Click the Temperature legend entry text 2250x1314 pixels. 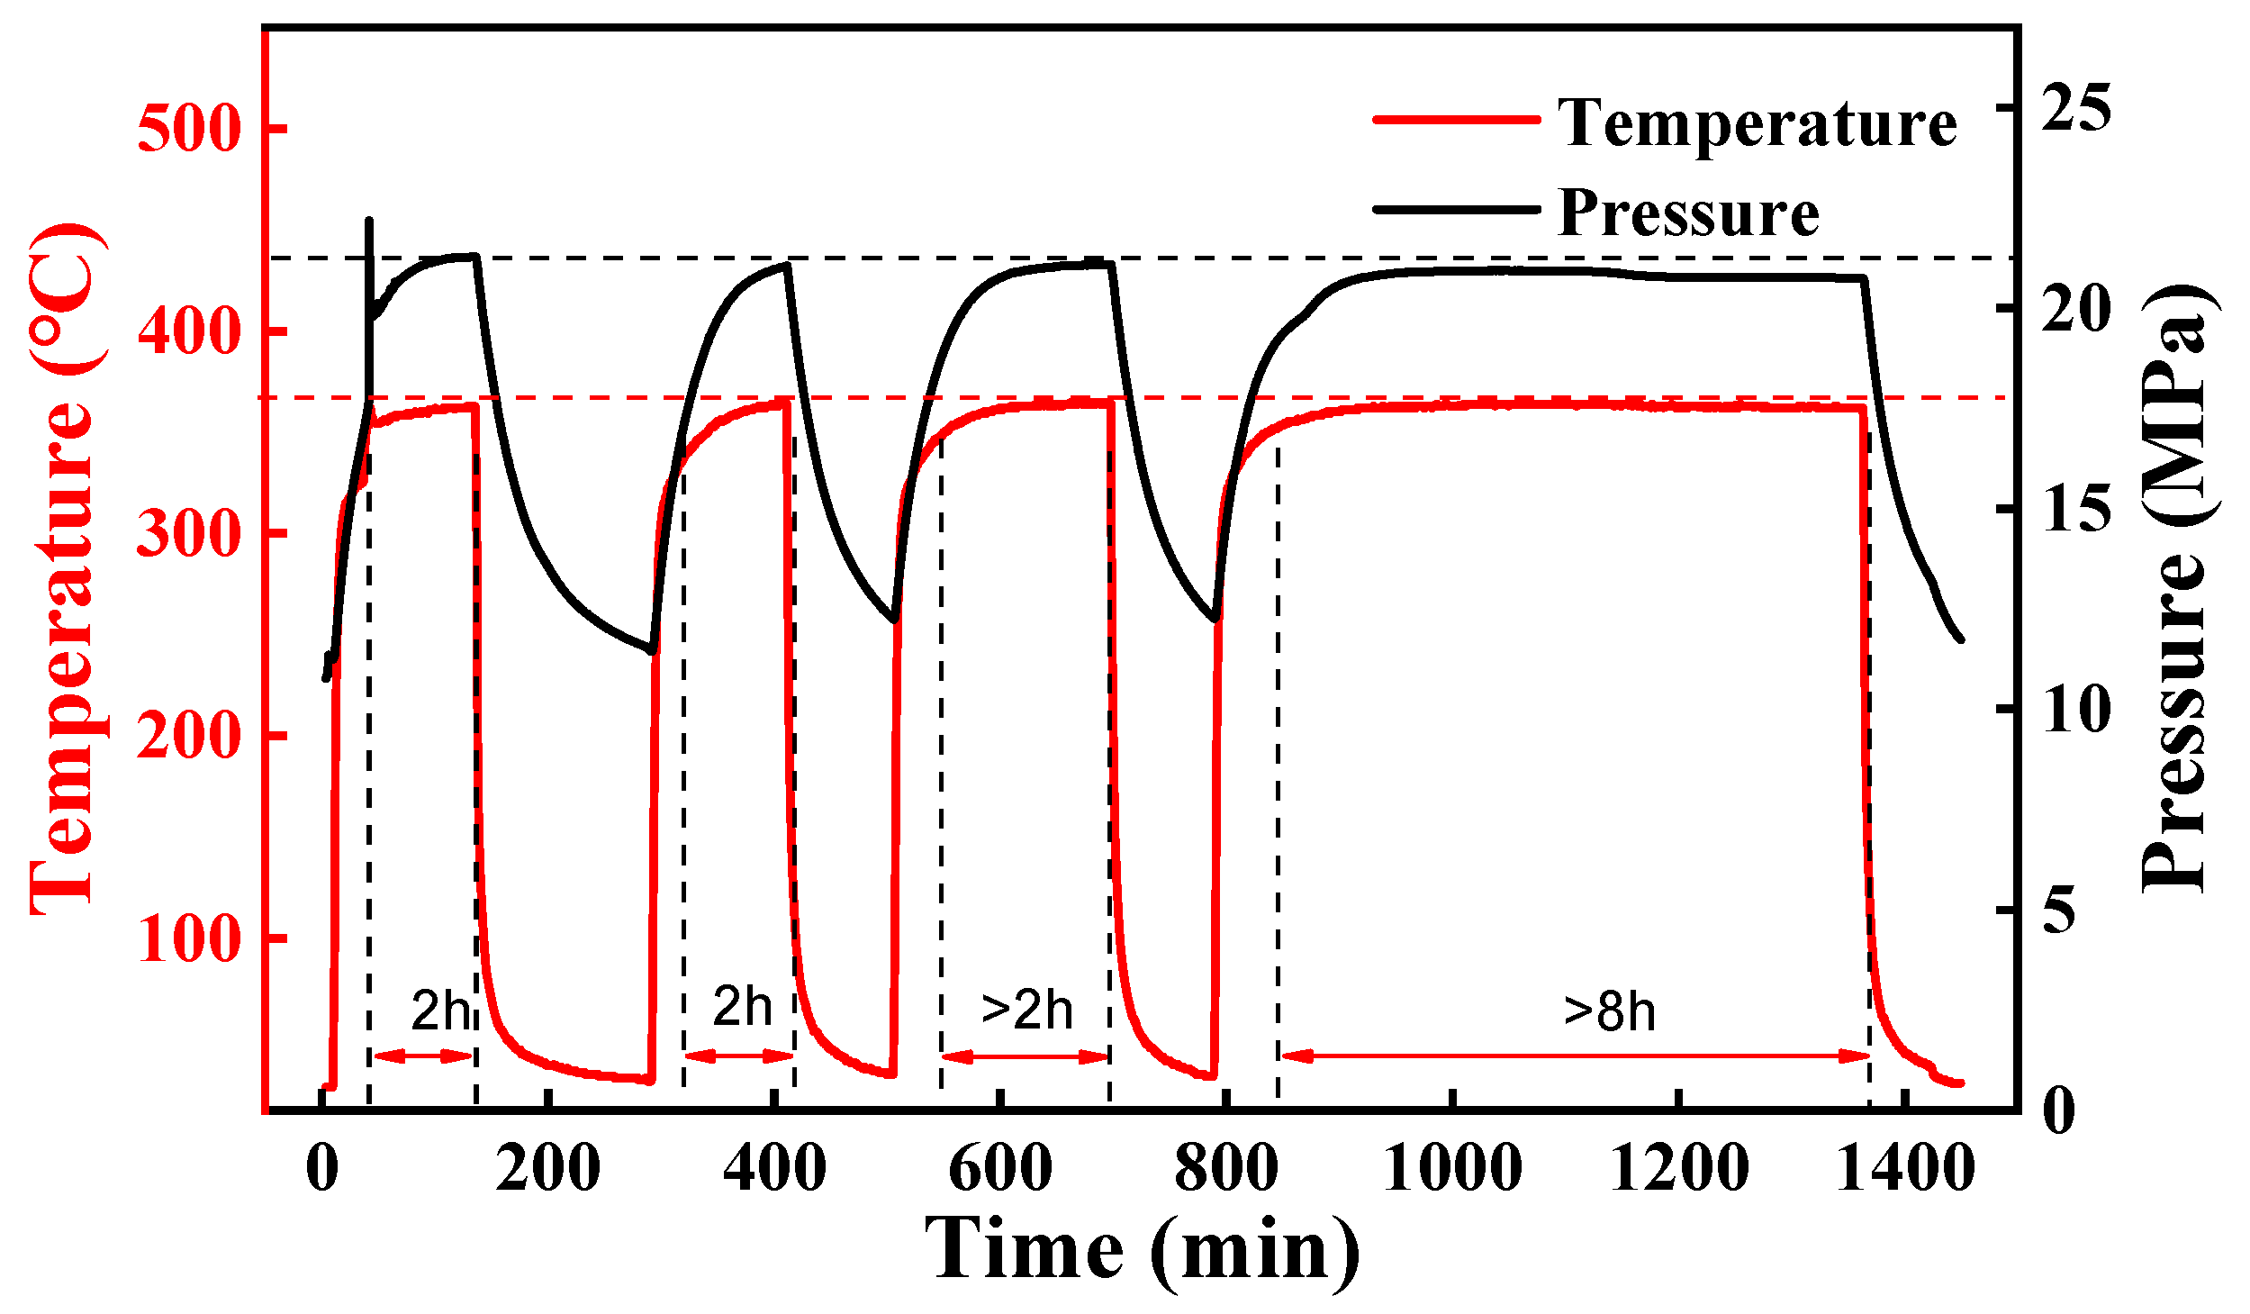pos(1757,123)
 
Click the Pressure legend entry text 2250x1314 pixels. pos(1688,213)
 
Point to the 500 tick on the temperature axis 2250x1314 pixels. pos(189,128)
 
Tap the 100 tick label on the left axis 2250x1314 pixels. pos(189,938)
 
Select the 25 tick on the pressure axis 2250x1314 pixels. pos(2075,108)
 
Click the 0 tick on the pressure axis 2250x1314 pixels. pos(2058,1110)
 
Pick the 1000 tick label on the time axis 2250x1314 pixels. pos(1451,1168)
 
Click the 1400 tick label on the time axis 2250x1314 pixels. pos(1905,1168)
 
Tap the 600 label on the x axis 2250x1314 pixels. pos(999,1168)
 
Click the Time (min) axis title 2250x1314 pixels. pos(1142,1251)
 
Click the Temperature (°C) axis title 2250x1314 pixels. pos(63,569)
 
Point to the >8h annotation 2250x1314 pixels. pos(1610,1011)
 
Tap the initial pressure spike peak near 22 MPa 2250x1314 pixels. pos(369,221)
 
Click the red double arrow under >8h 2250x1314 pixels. pos(1574,1056)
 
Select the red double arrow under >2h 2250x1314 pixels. pos(1025,1056)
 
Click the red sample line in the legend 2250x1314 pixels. pos(1456,120)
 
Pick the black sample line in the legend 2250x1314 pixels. pos(1456,209)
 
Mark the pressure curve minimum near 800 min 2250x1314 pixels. pos(1215,620)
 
